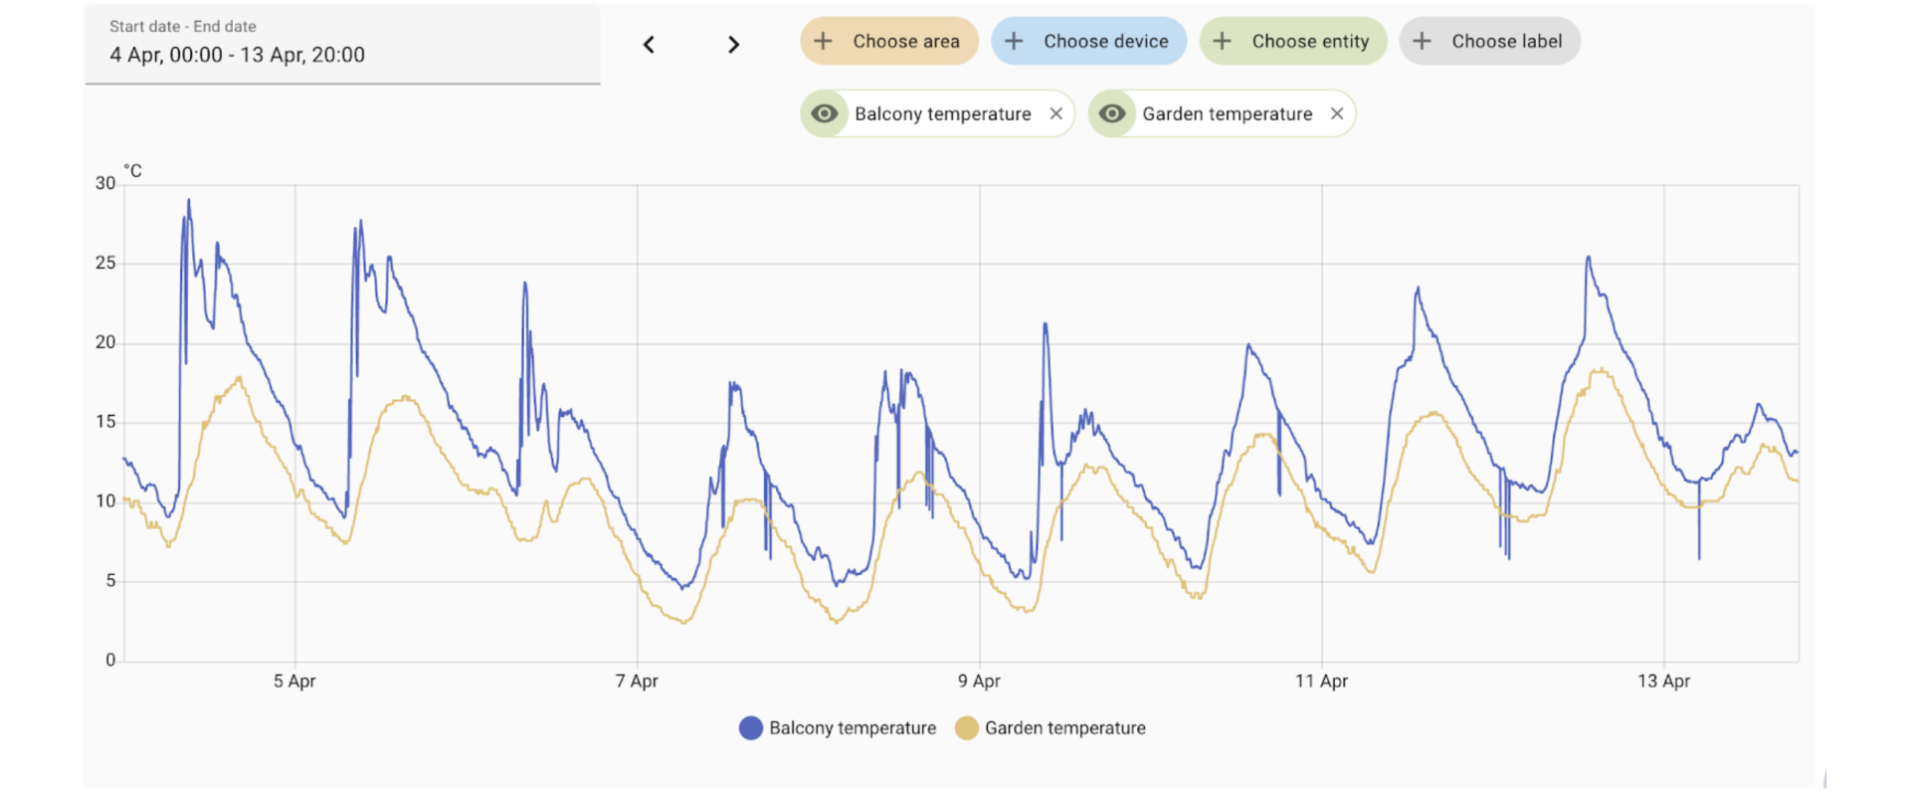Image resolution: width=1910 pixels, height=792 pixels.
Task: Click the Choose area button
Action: click(888, 42)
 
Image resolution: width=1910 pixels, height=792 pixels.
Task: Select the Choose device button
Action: click(1088, 42)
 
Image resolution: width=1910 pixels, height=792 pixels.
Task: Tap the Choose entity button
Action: click(1292, 42)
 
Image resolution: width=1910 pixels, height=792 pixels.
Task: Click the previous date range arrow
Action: click(649, 45)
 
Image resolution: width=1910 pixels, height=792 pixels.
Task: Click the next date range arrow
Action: click(733, 45)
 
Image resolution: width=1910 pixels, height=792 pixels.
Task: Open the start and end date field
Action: click(342, 43)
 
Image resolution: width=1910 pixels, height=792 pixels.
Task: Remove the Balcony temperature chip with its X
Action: click(1056, 114)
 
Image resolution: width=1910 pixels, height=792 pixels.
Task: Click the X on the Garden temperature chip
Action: click(1337, 114)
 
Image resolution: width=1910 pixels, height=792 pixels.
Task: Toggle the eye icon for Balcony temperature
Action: click(825, 114)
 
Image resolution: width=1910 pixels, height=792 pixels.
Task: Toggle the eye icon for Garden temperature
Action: click(1112, 114)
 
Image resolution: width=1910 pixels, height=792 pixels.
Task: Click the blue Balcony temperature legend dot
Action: click(751, 728)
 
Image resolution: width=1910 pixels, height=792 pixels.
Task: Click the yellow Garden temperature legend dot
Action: click(966, 728)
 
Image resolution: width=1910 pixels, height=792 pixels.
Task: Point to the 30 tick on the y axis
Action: click(105, 183)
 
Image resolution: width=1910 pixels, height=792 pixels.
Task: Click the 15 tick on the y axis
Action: click(105, 422)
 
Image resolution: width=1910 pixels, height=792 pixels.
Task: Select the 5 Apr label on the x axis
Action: click(294, 682)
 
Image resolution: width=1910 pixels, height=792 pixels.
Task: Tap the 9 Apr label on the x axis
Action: click(979, 682)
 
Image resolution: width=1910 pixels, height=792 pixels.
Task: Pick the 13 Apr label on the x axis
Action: click(1663, 682)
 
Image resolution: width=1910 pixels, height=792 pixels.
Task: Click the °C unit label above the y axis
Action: click(132, 171)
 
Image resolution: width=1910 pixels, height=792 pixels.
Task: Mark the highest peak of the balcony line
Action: click(189, 200)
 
